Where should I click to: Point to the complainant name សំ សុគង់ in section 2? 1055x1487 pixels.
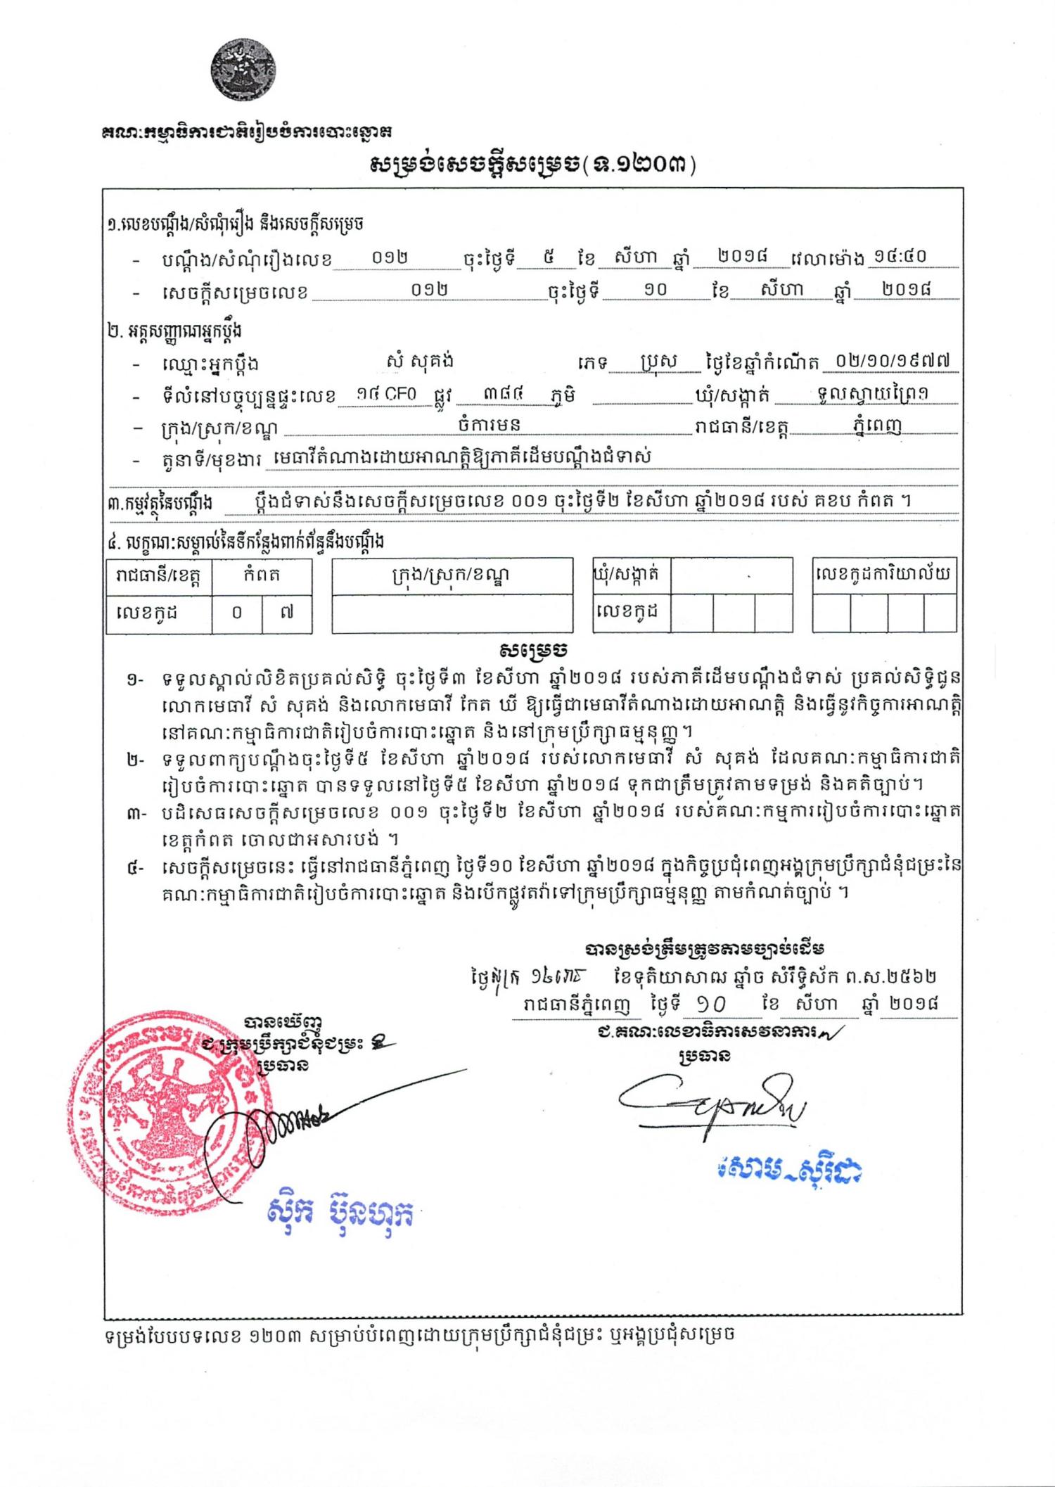(420, 362)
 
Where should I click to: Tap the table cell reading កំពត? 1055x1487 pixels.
(262, 575)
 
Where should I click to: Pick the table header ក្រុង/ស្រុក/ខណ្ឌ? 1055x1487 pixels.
(451, 575)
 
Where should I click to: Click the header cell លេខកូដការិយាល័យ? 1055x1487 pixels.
(883, 575)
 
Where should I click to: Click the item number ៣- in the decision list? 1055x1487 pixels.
(135, 815)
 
